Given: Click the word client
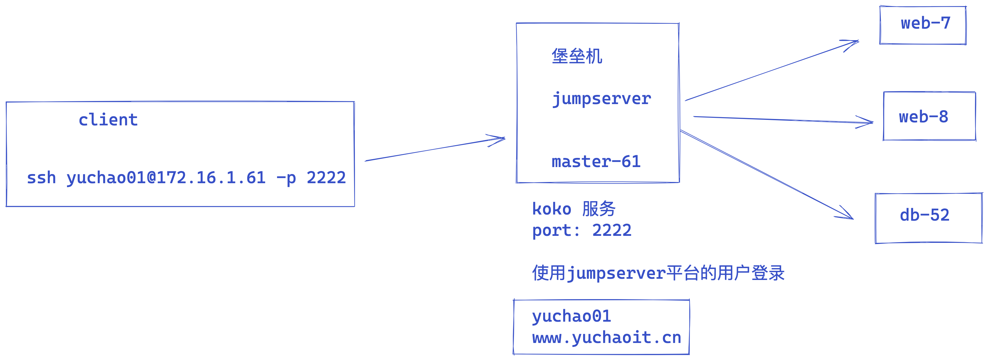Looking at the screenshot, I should coord(108,120).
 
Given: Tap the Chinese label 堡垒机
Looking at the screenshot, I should coord(577,56).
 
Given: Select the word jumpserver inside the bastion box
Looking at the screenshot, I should coord(601,99).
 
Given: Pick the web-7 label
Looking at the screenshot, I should coord(926,23).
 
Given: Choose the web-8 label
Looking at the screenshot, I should coord(923,117).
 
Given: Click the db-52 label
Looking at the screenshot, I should coord(924,215).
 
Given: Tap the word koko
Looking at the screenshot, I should coord(551,209).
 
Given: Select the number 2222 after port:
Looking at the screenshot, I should coord(612,230).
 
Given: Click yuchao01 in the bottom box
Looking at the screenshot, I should coord(571,316).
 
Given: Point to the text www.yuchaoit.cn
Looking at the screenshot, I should coord(607,338).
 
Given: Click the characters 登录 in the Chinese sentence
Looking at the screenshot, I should coord(768,273).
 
